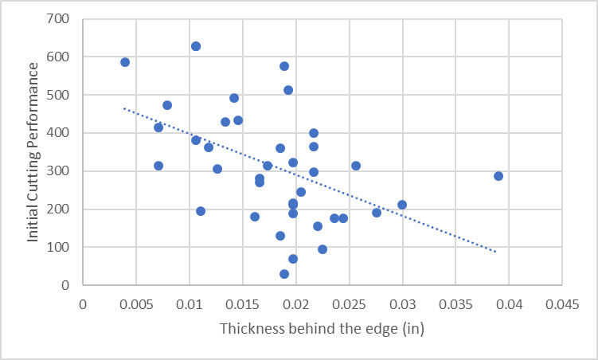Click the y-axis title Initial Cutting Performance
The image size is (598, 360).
point(33,151)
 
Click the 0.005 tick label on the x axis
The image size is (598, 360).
point(136,303)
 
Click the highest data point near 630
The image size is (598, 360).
point(196,46)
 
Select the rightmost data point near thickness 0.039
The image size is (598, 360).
point(498,176)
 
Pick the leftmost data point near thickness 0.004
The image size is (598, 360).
point(125,62)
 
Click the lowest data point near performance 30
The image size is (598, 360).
point(284,274)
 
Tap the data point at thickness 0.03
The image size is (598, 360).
point(402,205)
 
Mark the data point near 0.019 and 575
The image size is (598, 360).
point(284,66)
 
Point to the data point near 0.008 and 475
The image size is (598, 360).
point(167,105)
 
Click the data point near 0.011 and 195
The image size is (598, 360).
point(201,211)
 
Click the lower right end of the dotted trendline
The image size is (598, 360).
point(497,252)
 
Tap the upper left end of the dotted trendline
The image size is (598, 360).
point(124,108)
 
